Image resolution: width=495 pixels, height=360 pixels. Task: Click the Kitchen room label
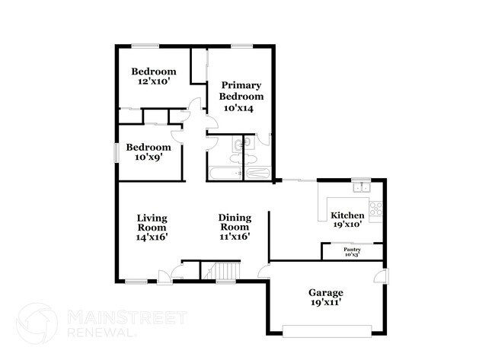click(x=347, y=215)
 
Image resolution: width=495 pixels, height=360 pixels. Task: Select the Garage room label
click(x=325, y=292)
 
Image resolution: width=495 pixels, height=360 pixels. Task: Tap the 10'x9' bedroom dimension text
click(x=148, y=158)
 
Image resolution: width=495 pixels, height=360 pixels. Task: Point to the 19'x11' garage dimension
click(x=325, y=303)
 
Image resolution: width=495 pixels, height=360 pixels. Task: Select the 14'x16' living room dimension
click(x=152, y=237)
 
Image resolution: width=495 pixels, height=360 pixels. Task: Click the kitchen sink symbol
click(x=360, y=187)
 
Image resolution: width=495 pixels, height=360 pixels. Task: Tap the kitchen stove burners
click(x=376, y=205)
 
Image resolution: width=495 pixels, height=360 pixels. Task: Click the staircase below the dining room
click(x=225, y=271)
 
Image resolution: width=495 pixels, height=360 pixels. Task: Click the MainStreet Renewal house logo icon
click(x=37, y=322)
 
